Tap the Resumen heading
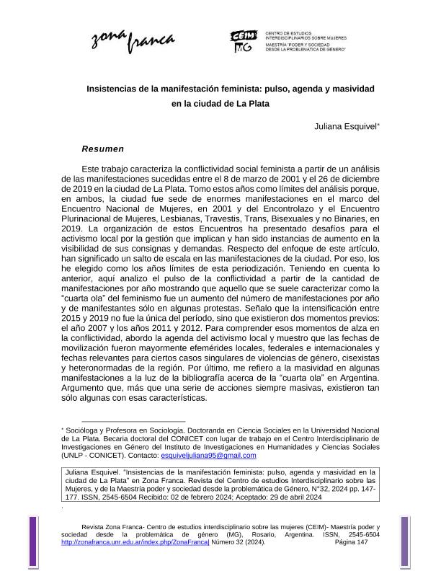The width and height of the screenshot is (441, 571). [102, 149]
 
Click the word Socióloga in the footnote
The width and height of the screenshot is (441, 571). [85, 429]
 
